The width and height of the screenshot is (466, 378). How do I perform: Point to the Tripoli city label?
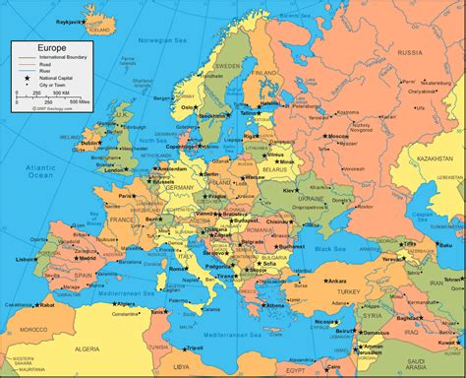(197, 346)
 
